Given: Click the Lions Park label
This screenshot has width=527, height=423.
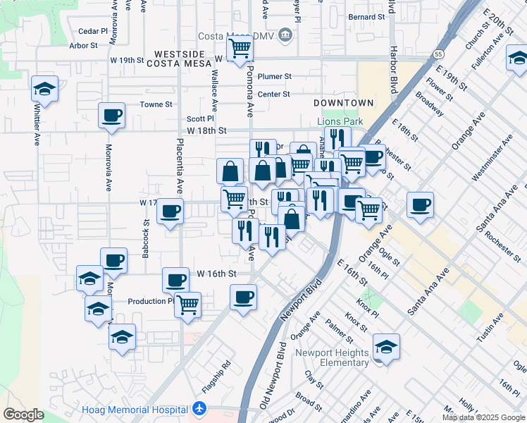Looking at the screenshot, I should (340, 121).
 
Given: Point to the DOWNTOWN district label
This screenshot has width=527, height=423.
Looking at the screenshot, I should (344, 103).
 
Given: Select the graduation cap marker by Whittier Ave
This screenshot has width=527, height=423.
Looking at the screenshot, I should (44, 90).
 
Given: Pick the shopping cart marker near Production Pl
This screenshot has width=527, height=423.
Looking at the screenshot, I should (187, 305).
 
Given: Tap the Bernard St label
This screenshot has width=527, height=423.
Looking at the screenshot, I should (366, 16).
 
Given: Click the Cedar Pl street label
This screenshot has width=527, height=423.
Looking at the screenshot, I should (92, 31).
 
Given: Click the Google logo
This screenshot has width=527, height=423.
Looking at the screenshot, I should (24, 415).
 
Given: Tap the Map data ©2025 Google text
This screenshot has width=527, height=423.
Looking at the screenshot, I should (483, 417).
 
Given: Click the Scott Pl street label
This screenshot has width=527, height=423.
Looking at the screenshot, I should (199, 119).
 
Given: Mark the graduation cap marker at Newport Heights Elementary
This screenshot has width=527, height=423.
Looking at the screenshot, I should (386, 347).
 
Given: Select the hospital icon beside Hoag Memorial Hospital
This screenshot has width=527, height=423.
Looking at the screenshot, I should (200, 409).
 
